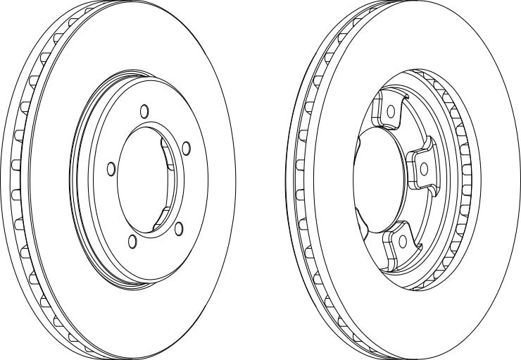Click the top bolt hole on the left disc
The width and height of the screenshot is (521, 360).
[144, 111]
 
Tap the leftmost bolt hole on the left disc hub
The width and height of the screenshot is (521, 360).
[111, 168]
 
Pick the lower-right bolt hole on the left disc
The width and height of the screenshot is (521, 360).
[179, 227]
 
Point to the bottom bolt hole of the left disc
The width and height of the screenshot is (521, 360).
[132, 242]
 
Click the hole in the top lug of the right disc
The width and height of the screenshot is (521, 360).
[393, 110]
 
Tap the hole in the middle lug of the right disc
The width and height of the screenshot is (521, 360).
[425, 168]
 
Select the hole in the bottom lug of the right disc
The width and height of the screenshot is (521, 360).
[402, 241]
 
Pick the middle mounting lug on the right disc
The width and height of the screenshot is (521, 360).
[420, 166]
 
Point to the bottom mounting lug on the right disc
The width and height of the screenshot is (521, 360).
[398, 243]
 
